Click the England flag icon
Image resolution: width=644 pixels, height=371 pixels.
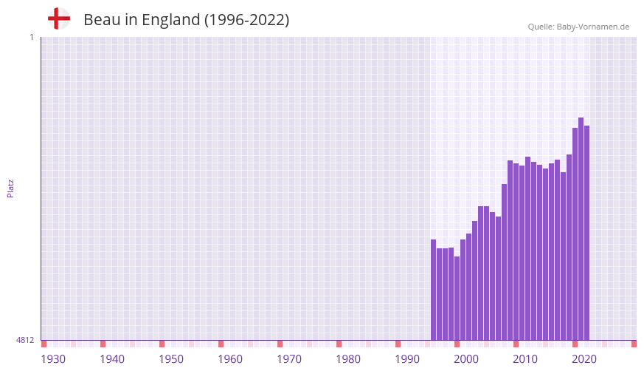pos(59,19)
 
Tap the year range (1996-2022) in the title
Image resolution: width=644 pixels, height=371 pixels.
pos(246,20)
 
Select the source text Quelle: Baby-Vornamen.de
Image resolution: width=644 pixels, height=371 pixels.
pos(578,27)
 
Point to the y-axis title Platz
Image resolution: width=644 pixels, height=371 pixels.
pos(10,188)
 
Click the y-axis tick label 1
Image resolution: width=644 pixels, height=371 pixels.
pos(31,37)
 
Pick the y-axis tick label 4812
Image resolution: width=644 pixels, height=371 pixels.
pos(25,341)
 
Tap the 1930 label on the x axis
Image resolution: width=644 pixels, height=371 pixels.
pos(53,359)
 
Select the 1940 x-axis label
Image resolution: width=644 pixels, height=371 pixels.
pos(112,359)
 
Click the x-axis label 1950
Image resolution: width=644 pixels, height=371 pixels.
pos(171,359)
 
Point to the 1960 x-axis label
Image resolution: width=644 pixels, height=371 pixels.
pos(230,359)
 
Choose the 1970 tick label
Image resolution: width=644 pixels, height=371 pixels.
pos(289,359)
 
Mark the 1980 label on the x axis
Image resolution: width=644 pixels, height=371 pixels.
pos(348,359)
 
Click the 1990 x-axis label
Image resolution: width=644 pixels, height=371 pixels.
pos(407,359)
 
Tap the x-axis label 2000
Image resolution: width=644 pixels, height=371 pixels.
pos(466,359)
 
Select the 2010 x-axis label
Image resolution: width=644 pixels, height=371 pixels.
pos(525,359)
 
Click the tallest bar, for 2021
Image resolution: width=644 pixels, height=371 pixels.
pos(581,229)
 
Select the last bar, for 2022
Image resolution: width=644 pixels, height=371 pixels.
pos(587,233)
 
